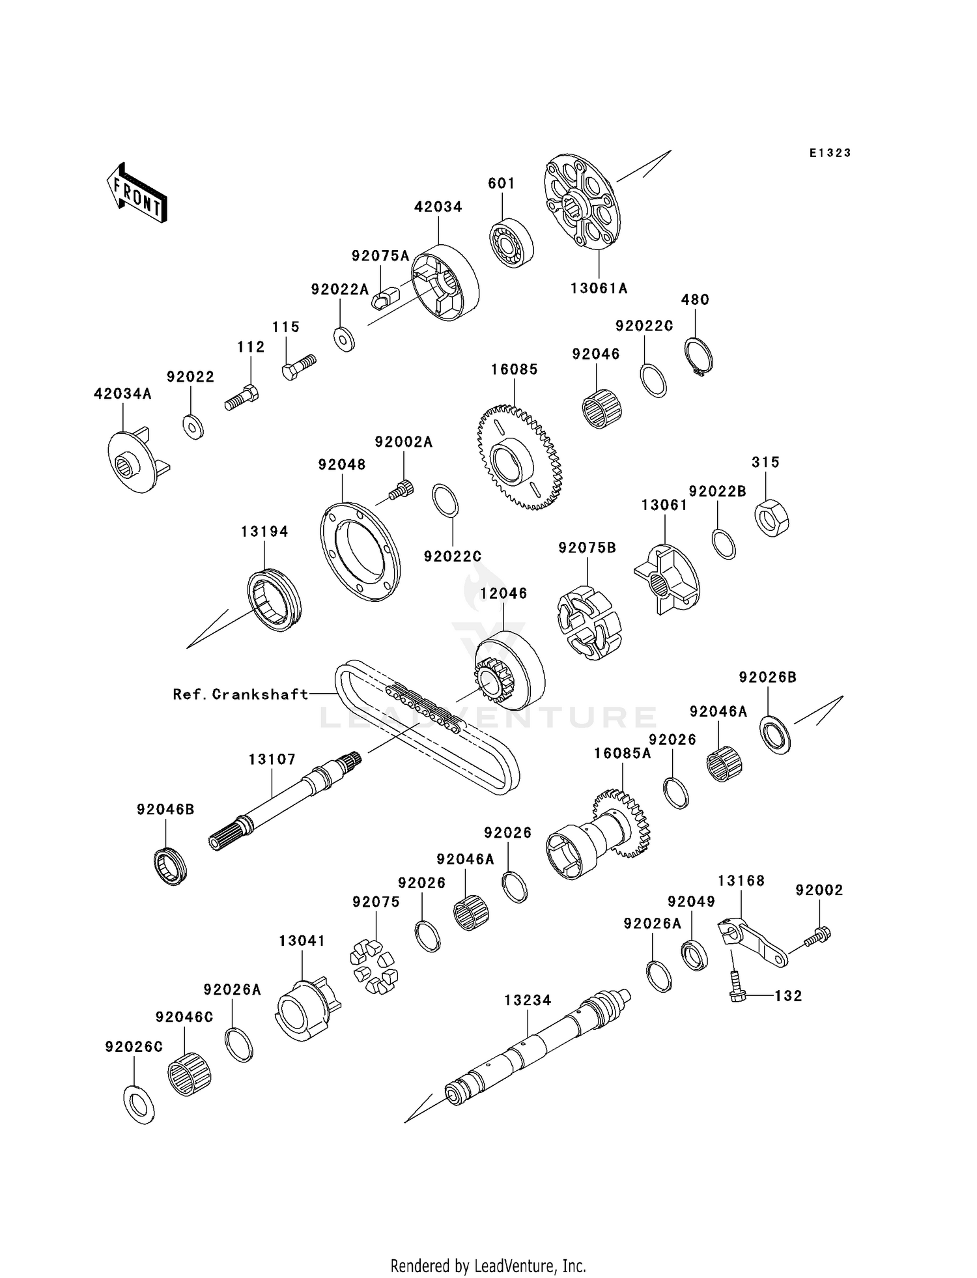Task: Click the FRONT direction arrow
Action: tap(137, 193)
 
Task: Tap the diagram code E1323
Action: tap(830, 153)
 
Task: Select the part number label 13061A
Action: tap(599, 288)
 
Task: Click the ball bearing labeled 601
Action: tap(511, 244)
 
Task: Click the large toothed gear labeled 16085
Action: tap(519, 457)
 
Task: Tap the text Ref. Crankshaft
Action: tap(240, 694)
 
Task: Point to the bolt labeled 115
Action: tap(299, 367)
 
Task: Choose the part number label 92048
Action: tap(342, 464)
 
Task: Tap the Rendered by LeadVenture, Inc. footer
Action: tap(488, 1266)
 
